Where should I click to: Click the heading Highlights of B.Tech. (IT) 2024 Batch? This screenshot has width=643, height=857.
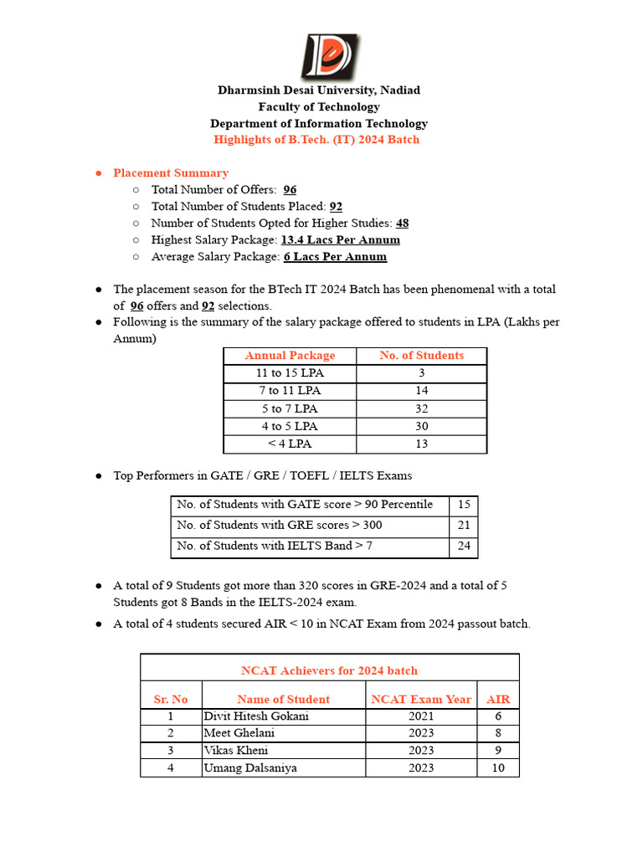tap(316, 140)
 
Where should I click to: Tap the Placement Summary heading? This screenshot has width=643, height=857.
tap(171, 173)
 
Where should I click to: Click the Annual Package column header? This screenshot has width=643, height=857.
tap(290, 356)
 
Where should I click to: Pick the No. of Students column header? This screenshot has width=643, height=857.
tap(421, 356)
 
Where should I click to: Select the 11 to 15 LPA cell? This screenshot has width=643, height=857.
tap(290, 373)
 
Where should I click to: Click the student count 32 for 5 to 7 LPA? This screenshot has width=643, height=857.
tap(421, 408)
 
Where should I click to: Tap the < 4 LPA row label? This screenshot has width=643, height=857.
tap(290, 444)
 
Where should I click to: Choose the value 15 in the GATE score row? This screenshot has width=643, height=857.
tap(464, 505)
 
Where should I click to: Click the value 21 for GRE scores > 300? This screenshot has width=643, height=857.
tap(464, 526)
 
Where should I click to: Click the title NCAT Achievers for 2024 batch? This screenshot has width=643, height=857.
tap(329, 670)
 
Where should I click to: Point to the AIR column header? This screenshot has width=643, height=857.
tap(498, 699)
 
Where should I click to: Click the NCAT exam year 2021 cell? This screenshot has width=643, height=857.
tap(421, 716)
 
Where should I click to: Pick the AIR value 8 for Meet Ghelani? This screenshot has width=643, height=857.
tap(498, 733)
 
